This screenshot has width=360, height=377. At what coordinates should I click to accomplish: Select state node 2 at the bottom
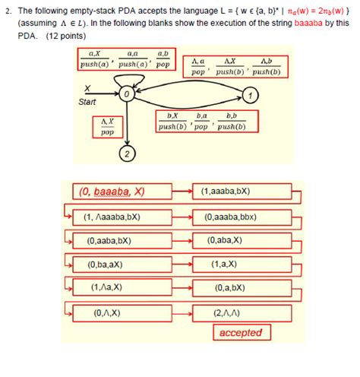[x=127, y=156]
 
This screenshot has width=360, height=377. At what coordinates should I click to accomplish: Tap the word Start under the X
[x=87, y=101]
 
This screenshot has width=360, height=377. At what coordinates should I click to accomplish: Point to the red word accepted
[x=240, y=332]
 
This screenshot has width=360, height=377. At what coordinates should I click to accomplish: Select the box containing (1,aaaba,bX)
[x=240, y=192]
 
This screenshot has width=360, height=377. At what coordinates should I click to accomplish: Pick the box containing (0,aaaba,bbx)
[x=240, y=216]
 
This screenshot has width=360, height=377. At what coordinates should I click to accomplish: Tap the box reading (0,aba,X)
[x=240, y=240]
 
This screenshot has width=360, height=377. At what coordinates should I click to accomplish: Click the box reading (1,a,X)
[x=240, y=265]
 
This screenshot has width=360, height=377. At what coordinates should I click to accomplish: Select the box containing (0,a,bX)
[x=240, y=288]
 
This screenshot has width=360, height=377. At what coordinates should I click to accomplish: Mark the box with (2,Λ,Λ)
[x=240, y=312]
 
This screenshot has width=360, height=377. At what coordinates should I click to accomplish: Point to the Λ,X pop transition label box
[x=107, y=125]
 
